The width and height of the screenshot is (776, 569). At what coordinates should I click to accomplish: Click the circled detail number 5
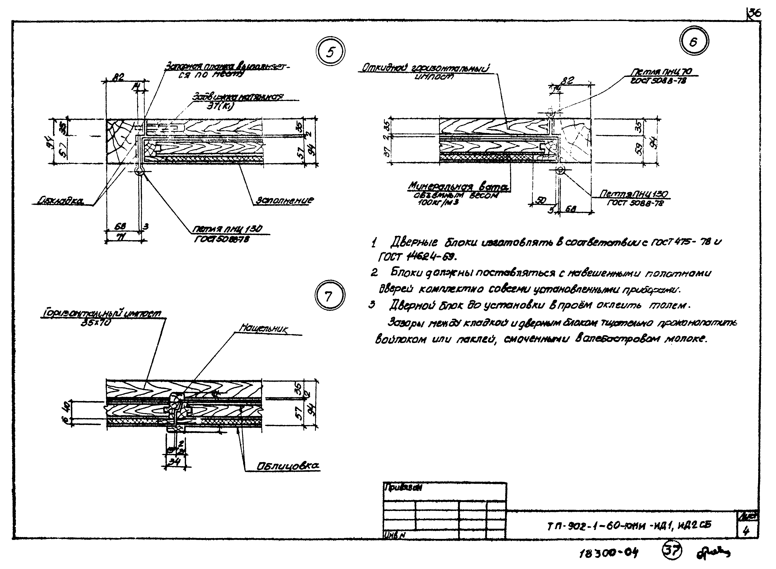click(330, 52)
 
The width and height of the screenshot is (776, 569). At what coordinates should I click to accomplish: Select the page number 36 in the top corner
click(754, 13)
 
